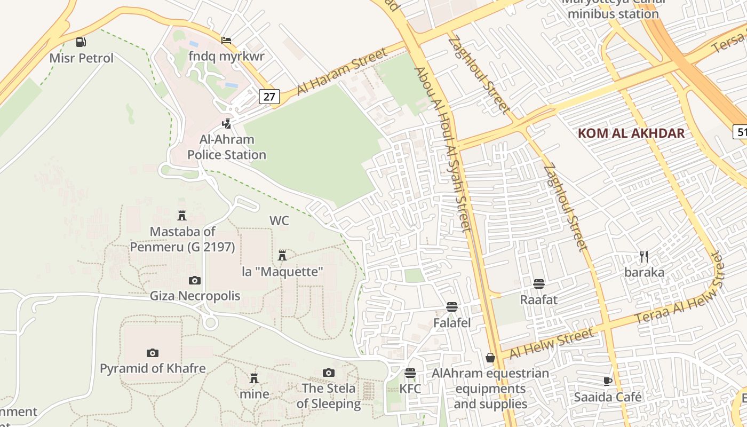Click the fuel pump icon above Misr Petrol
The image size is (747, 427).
(x=81, y=42)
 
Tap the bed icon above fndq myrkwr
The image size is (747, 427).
(x=226, y=41)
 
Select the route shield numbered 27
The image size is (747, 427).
(x=269, y=97)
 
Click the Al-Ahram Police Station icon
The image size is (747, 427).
(x=227, y=124)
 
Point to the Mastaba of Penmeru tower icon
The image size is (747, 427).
(x=182, y=216)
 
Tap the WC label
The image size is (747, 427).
(x=279, y=220)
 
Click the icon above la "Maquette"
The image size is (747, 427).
(x=282, y=256)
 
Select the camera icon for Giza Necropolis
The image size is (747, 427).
(x=195, y=280)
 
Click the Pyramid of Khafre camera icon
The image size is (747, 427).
(x=153, y=353)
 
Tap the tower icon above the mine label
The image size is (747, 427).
(x=254, y=378)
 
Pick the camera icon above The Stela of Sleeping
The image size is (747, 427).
(x=329, y=373)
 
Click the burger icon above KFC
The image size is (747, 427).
(x=410, y=373)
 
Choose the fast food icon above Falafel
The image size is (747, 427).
(x=452, y=307)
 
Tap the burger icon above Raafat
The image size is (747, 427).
(x=539, y=283)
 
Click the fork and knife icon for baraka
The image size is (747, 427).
(x=644, y=257)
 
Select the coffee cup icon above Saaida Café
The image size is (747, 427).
(x=607, y=381)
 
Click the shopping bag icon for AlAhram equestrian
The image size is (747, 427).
(x=490, y=358)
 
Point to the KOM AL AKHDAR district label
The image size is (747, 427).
(x=631, y=133)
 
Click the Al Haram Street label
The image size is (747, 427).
(x=341, y=72)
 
